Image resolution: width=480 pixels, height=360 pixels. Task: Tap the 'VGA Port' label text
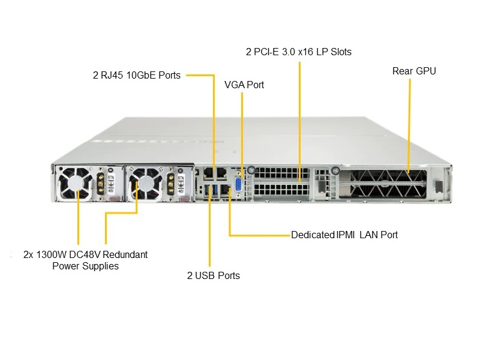point(244,85)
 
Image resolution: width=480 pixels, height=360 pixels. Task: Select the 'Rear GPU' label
point(414,71)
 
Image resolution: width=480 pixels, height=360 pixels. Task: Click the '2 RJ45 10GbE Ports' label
point(137,76)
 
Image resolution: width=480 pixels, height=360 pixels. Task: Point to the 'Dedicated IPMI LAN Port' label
point(344,235)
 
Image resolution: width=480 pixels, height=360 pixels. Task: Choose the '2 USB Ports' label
point(213,275)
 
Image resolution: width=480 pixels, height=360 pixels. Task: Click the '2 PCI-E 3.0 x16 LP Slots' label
point(299,52)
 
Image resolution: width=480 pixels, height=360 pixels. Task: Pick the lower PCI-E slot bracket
point(281,190)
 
